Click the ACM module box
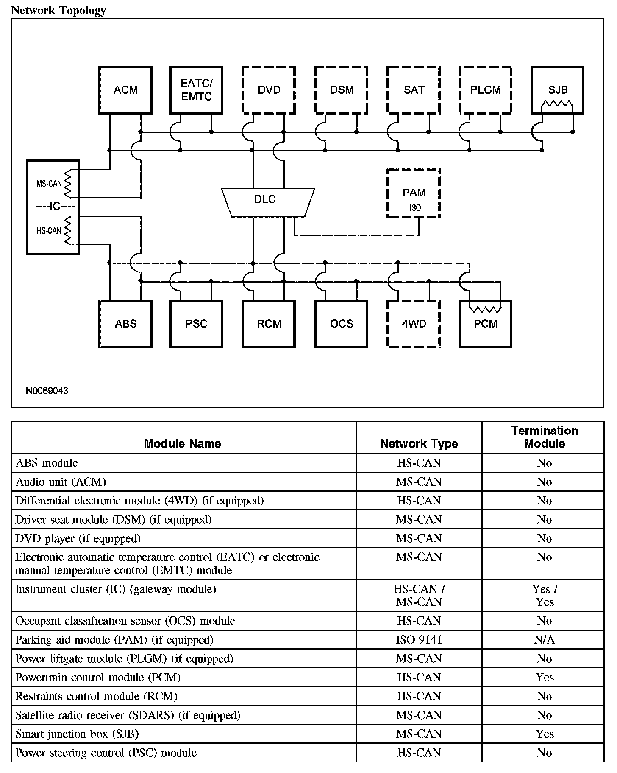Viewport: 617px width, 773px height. click(125, 90)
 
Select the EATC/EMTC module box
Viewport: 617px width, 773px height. click(196, 90)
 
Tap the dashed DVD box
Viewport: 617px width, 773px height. click(269, 90)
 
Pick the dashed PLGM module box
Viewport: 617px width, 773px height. click(485, 90)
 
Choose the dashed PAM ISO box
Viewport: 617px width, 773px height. click(414, 193)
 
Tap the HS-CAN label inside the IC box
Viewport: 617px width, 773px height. click(49, 231)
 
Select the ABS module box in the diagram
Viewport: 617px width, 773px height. click(125, 324)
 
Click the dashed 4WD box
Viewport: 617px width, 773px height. click(414, 324)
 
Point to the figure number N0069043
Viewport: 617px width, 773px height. click(47, 391)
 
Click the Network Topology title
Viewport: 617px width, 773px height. click(58, 10)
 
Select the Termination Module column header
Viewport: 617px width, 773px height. click(544, 437)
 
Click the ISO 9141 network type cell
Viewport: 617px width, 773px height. click(419, 640)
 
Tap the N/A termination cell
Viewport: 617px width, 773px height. click(544, 640)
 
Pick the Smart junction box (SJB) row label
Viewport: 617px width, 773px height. click(77, 734)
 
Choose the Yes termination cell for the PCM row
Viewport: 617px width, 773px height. click(544, 678)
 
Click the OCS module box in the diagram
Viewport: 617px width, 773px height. click(341, 324)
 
